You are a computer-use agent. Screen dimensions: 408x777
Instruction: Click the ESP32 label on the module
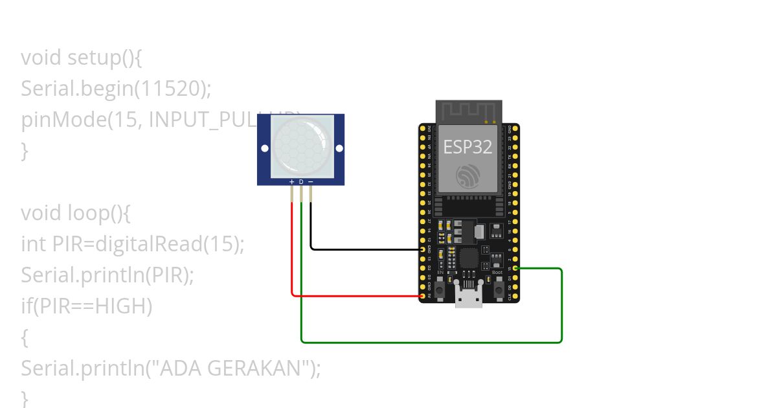point(467,147)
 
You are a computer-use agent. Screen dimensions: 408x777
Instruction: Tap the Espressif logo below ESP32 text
point(467,176)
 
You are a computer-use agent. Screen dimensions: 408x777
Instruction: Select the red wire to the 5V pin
point(356,296)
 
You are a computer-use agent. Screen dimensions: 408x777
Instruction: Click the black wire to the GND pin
point(363,249)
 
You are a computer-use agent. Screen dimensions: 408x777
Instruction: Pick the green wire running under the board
point(431,342)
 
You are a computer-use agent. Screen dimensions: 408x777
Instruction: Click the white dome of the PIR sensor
point(300,146)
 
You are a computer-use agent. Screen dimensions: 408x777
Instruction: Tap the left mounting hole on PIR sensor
point(265,148)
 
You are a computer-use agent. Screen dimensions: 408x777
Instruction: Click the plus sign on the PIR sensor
point(292,182)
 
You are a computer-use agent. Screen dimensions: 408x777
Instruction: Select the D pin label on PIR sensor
point(301,182)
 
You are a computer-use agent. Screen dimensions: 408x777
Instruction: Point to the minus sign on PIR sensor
point(311,182)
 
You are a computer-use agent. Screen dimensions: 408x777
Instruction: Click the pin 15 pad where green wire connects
point(515,268)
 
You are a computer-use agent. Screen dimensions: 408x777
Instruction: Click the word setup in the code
point(94,58)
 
